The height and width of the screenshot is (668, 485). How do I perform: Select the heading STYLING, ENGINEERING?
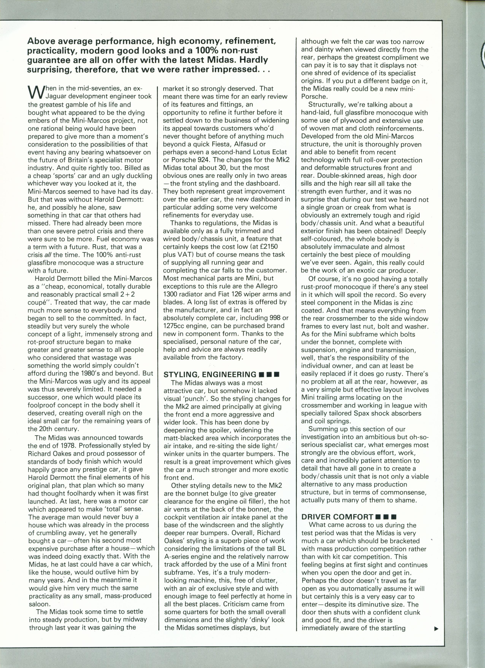click(x=210, y=374)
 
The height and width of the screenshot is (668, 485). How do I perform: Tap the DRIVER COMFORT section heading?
click(x=337, y=516)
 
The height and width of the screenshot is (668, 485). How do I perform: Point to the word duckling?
click(x=135, y=176)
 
